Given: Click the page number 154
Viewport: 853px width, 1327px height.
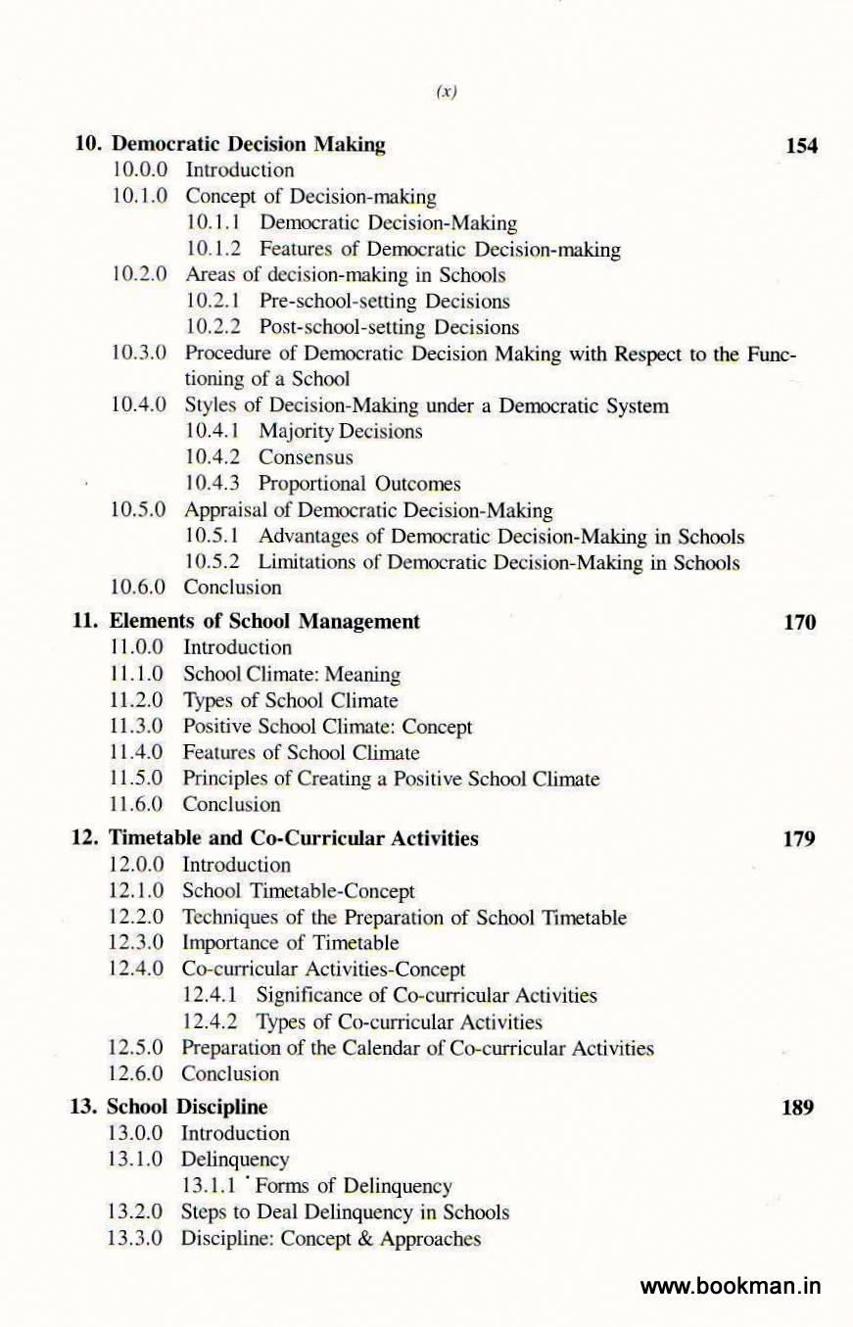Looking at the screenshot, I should coord(801,147).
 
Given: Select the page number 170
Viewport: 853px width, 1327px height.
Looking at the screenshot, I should coord(800,622).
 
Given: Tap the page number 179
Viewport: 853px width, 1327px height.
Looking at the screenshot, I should coord(800,839).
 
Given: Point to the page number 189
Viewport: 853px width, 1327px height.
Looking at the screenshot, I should coord(799,1108).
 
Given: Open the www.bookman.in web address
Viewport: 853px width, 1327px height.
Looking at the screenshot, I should coord(731,1286).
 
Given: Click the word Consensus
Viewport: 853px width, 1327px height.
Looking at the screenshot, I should coord(306,457).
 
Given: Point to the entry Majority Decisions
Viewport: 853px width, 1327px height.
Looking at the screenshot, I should coord(341,431).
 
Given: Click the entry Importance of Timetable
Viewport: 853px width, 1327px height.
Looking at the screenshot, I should coord(291,944).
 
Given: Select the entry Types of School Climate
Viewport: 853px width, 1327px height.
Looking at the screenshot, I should coord(290,701).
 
